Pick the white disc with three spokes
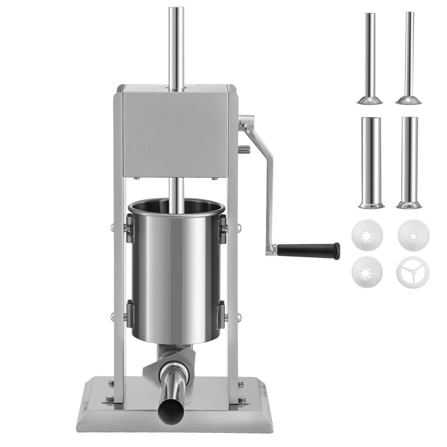tap(408, 271)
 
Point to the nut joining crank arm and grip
tap(273, 248)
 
